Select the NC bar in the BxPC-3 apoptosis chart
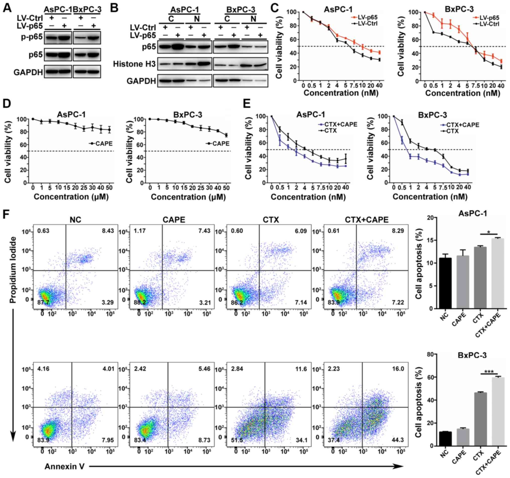pyautogui.click(x=445, y=439)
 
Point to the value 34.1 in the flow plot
pyautogui.click(x=301, y=440)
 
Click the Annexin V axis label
pyautogui.click(x=65, y=466)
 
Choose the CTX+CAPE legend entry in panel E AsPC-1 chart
pyautogui.click(x=339, y=124)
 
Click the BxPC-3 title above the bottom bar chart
pyautogui.click(x=472, y=355)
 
